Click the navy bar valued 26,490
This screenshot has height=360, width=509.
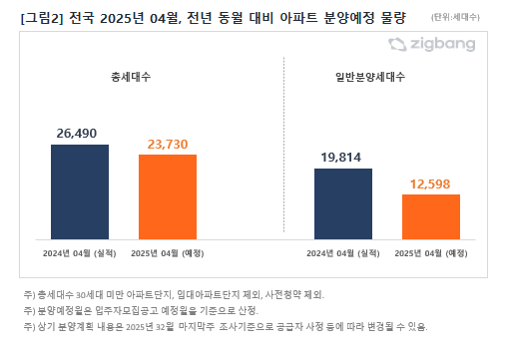[x=80, y=191]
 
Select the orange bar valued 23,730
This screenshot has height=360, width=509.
[x=168, y=196]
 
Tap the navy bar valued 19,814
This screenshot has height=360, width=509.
[x=343, y=203]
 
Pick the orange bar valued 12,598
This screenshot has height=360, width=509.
[x=430, y=216]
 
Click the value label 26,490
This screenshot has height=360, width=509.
[x=80, y=133]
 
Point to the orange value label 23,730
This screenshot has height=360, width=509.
[x=168, y=144]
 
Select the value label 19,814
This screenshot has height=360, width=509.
[x=343, y=157]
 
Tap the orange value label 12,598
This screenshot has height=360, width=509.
[x=431, y=182]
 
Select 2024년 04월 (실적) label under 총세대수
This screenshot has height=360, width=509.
[x=80, y=252]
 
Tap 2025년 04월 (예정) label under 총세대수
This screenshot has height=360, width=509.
[x=168, y=252]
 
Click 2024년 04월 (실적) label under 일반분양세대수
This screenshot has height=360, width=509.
[x=343, y=252]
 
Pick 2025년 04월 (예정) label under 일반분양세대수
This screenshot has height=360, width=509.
[x=431, y=252]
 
